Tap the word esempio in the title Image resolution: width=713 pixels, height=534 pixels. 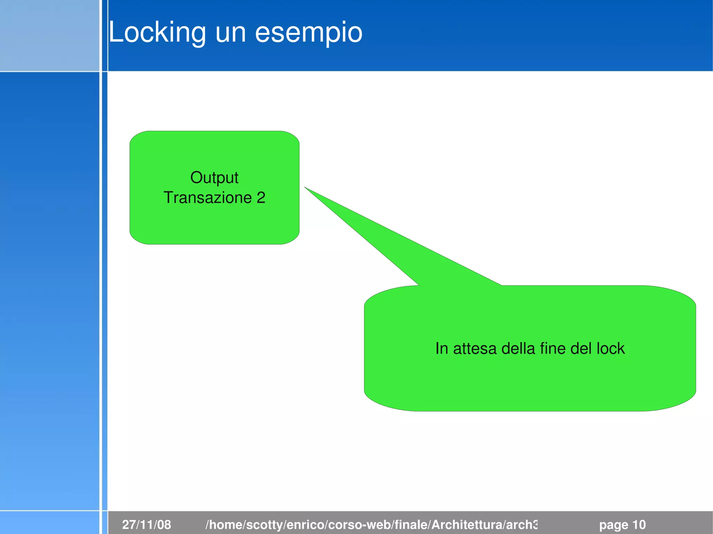[x=308, y=33]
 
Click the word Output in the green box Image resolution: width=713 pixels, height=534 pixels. [x=214, y=178]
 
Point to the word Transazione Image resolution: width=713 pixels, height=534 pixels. [x=207, y=198]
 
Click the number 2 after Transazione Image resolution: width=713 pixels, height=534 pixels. [x=261, y=198]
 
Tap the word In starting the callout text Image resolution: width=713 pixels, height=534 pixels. [x=441, y=349]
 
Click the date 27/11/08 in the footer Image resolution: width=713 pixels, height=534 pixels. [x=147, y=525]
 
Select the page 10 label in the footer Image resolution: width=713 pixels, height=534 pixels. [x=622, y=525]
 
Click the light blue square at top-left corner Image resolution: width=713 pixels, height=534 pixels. [x=49, y=35]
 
